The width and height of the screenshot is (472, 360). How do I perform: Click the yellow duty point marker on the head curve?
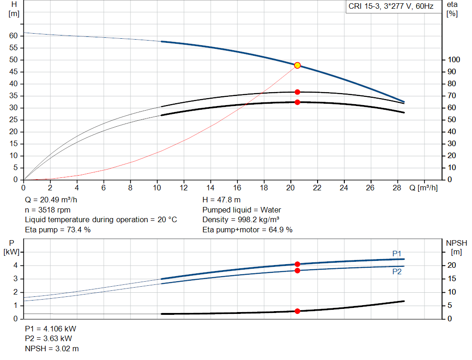(x=297, y=65)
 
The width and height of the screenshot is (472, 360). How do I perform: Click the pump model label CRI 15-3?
(x=390, y=7)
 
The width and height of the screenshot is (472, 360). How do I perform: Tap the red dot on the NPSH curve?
(x=297, y=311)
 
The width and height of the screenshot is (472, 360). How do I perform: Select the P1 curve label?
(x=397, y=254)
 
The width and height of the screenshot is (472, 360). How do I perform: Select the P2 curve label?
(x=397, y=272)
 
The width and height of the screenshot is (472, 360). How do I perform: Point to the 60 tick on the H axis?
(x=13, y=36)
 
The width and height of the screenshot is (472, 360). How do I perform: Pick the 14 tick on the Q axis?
(x=211, y=188)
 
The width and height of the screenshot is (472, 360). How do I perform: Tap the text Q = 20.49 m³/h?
(x=52, y=200)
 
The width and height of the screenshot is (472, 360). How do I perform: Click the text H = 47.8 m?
(x=221, y=200)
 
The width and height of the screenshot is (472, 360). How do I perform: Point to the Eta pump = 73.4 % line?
(x=58, y=230)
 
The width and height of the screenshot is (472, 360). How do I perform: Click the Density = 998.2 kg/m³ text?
(x=241, y=219)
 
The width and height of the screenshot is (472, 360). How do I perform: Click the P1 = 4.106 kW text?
(x=51, y=329)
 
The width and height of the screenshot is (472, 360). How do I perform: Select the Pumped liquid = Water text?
(x=242, y=210)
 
